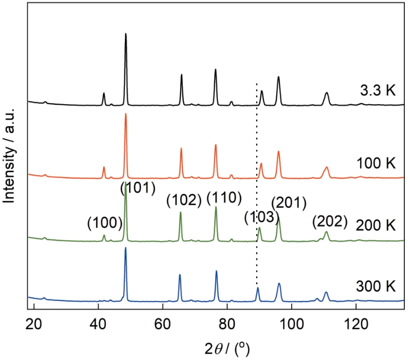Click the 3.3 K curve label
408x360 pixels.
(378, 90)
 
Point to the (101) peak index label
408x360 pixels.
(138, 188)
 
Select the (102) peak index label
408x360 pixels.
(183, 201)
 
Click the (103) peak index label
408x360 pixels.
(261, 217)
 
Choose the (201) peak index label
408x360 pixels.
(290, 203)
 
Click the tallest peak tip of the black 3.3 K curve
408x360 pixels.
(126, 34)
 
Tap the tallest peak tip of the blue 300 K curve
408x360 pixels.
(126, 248)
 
